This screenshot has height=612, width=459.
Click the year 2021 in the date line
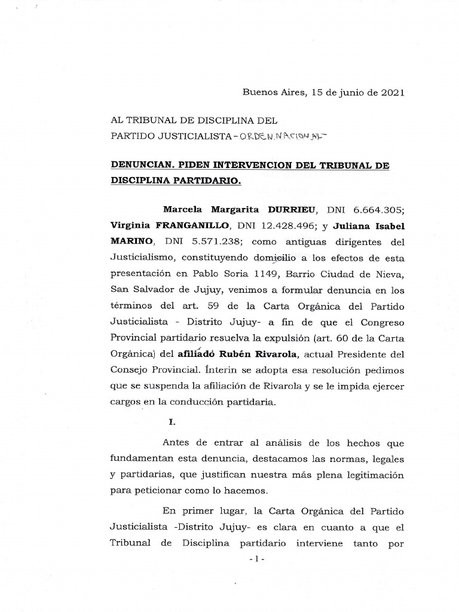[x=390, y=92]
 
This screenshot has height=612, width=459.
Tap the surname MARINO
[x=131, y=241]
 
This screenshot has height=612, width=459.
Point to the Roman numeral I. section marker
[x=173, y=422]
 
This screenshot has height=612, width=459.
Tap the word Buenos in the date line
[x=258, y=92]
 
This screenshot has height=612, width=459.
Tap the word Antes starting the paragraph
[x=178, y=443]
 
